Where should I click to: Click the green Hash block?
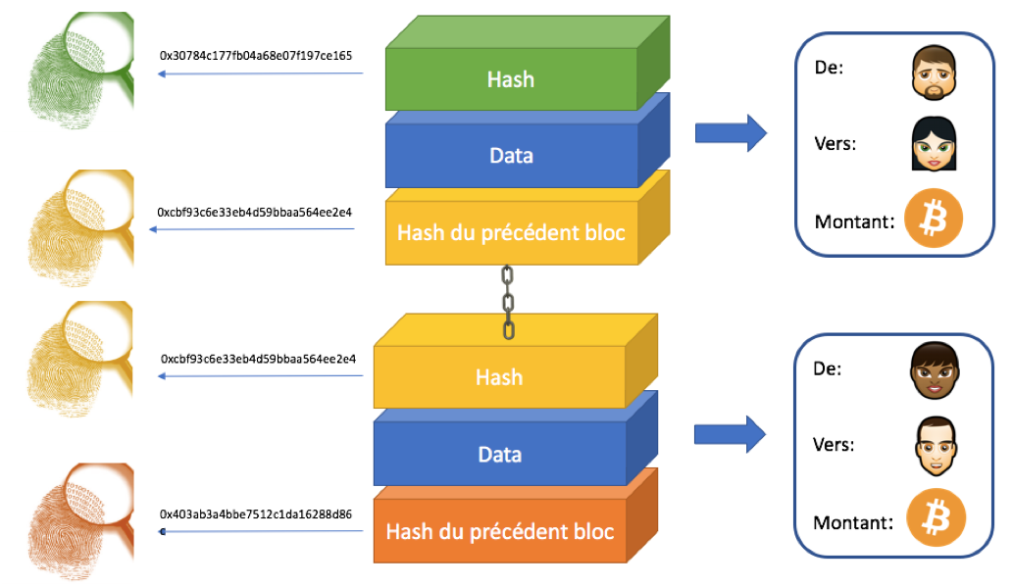[510, 79]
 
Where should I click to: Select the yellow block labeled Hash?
[499, 377]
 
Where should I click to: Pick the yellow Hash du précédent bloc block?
[510, 233]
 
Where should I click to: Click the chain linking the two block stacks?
[508, 302]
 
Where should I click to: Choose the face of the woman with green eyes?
[933, 145]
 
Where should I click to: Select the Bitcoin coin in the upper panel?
[933, 219]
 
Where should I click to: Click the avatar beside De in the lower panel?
[934, 370]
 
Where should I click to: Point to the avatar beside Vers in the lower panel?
[934, 446]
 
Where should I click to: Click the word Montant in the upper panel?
[853, 221]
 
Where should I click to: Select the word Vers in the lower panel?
[834, 444]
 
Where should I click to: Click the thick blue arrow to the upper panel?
[730, 133]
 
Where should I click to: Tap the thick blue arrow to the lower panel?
[730, 434]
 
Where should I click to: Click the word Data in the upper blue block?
[511, 156]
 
